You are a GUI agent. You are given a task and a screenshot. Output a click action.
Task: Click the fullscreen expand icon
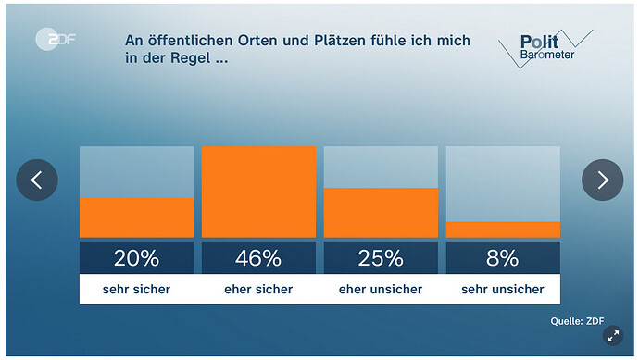(612, 337)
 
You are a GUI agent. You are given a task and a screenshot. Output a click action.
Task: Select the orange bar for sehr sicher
(136, 217)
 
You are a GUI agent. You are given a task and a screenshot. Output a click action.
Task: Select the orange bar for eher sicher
(258, 192)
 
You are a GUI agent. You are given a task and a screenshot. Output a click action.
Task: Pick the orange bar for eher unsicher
(381, 213)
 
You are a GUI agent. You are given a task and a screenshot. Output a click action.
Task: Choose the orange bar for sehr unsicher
(503, 230)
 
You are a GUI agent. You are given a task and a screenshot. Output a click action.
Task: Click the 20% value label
(136, 257)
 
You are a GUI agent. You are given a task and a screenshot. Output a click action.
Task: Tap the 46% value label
(258, 257)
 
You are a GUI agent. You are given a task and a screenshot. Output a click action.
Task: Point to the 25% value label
(381, 257)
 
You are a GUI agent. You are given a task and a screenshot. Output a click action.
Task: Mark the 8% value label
(503, 257)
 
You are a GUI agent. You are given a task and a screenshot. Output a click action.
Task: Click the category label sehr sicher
(136, 290)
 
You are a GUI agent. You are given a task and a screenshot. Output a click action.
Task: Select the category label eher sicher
(258, 290)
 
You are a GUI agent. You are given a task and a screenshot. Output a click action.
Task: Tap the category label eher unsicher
(381, 290)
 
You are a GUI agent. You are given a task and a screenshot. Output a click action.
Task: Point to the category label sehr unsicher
(503, 290)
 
